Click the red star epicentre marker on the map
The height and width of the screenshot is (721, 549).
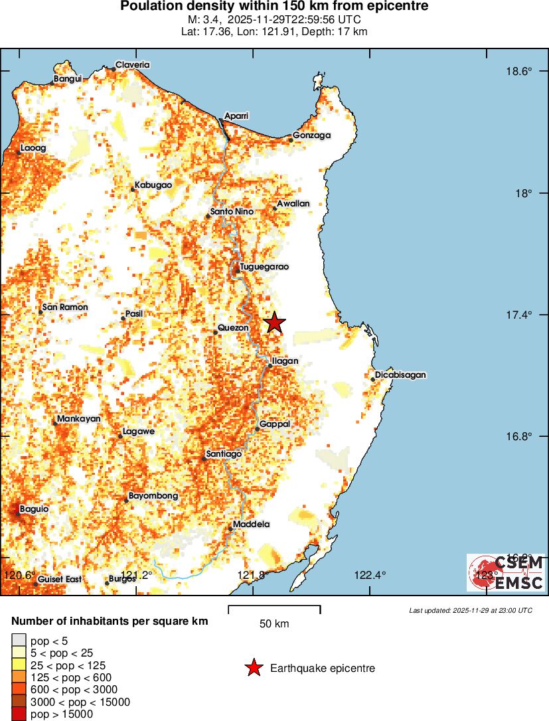point(274,323)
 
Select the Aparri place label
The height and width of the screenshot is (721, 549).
point(236,116)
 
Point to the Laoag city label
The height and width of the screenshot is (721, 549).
point(33,148)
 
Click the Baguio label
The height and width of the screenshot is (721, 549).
point(34,509)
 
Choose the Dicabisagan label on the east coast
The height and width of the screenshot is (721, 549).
point(400,375)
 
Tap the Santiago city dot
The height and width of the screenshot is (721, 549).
point(204,459)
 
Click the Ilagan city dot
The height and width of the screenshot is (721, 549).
point(270,366)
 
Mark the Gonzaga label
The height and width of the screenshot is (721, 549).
point(311,135)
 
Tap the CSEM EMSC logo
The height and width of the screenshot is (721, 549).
point(506,573)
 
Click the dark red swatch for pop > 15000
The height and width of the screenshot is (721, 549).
point(19,714)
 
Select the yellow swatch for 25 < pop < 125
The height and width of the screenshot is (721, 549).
point(19,665)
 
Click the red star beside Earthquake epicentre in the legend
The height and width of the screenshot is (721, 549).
point(253,668)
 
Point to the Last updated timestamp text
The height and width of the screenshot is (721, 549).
point(471,610)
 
